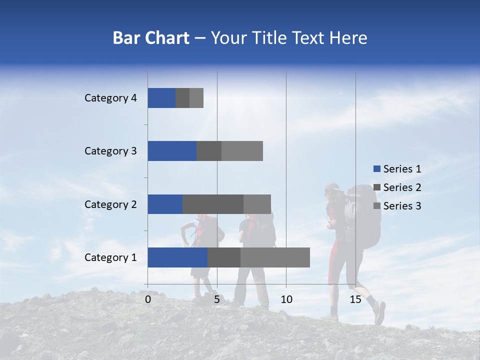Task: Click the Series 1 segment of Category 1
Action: point(177,257)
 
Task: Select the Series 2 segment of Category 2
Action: point(213,204)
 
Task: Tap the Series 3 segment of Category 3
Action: point(242,151)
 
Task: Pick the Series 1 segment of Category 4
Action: point(161,98)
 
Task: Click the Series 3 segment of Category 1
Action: point(275,257)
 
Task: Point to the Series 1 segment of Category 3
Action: point(172,151)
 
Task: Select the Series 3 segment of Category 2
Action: point(257,204)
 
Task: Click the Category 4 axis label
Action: point(110,98)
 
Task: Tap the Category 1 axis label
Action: point(110,257)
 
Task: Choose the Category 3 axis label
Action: point(110,151)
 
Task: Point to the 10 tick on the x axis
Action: point(286,299)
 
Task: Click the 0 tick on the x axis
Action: point(148,299)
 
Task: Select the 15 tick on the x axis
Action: point(355,299)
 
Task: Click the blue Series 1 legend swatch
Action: point(376,169)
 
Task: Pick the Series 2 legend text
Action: point(402,187)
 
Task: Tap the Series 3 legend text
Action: point(402,206)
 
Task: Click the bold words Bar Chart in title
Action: point(151,38)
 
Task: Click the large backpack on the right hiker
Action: point(364,215)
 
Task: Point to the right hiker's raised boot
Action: point(379,312)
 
